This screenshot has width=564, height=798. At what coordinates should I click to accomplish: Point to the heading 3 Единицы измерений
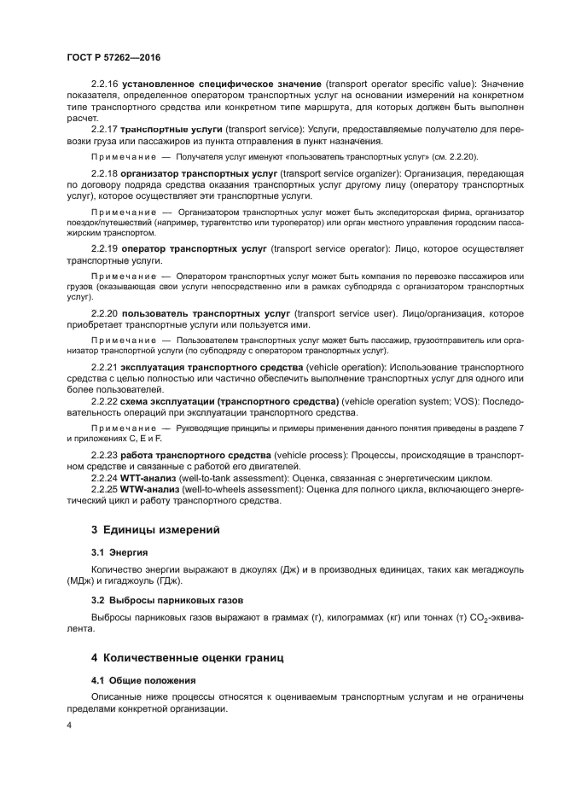click(155, 530)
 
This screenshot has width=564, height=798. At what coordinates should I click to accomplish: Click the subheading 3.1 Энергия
click(119, 552)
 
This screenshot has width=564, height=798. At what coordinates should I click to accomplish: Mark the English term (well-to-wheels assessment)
click(251, 489)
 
